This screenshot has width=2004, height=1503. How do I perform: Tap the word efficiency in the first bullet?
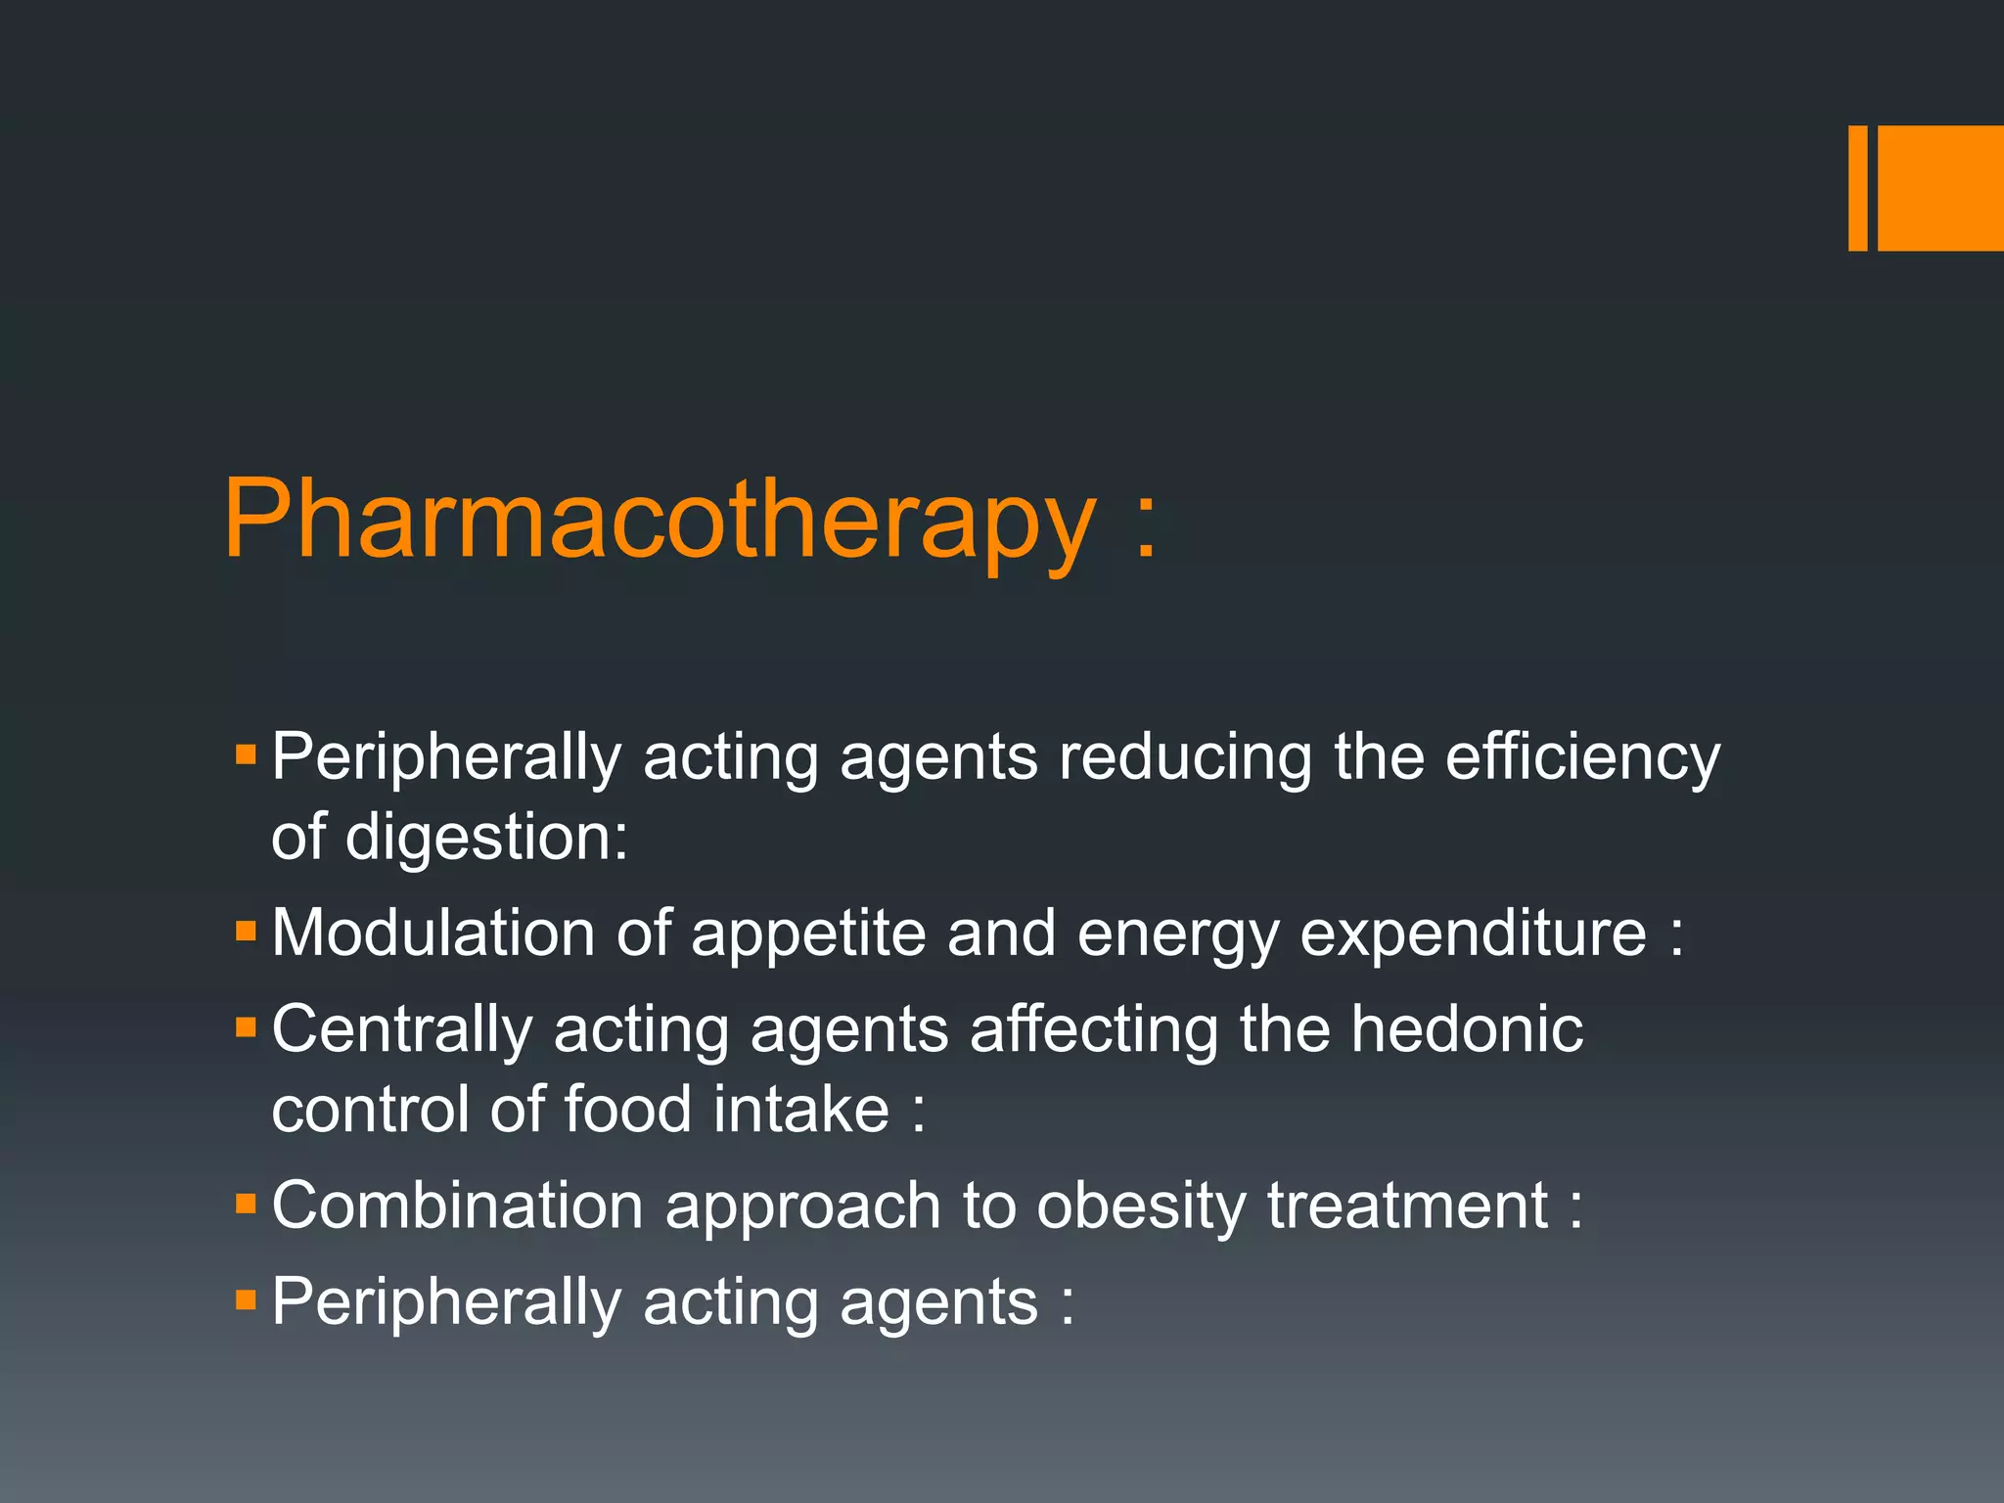pyautogui.click(x=1582, y=756)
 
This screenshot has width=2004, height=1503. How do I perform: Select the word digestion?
pyautogui.click(x=486, y=838)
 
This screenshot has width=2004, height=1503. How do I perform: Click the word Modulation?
pyautogui.click(x=433, y=933)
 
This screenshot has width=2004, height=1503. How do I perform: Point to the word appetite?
pyautogui.click(x=807, y=933)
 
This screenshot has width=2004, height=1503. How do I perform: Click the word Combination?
pyautogui.click(x=457, y=1205)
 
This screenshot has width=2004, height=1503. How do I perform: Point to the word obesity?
pyautogui.click(x=1141, y=1205)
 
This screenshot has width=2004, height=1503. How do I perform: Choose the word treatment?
pyautogui.click(x=1408, y=1205)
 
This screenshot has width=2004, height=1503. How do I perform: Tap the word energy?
pyautogui.click(x=1178, y=933)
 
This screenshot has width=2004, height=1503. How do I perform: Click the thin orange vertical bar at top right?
pyautogui.click(x=1857, y=188)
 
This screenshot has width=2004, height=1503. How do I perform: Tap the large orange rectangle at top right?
pyautogui.click(x=1940, y=188)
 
